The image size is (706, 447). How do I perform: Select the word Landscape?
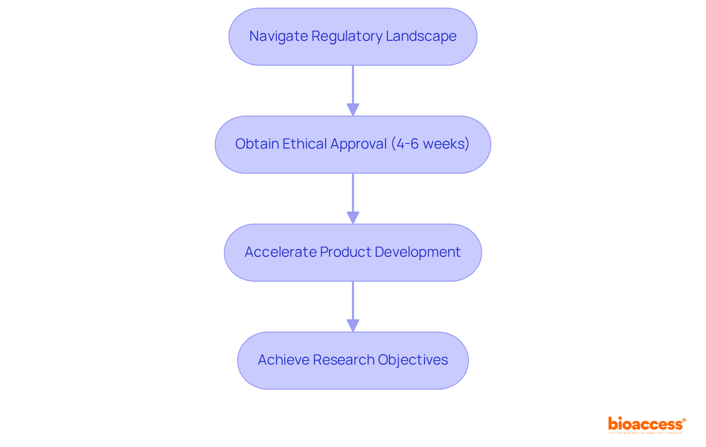coord(421,36)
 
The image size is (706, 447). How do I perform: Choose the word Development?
coord(417,252)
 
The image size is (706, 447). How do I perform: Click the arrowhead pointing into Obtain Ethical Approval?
coord(353,109)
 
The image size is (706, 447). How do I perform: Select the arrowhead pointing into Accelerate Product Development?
coord(353,217)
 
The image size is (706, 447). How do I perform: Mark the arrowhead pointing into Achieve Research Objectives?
coord(353,325)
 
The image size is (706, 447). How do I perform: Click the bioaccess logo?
coord(645,424)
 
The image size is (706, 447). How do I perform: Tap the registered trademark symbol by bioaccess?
coord(684,420)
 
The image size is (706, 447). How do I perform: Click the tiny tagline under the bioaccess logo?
coord(645,433)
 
